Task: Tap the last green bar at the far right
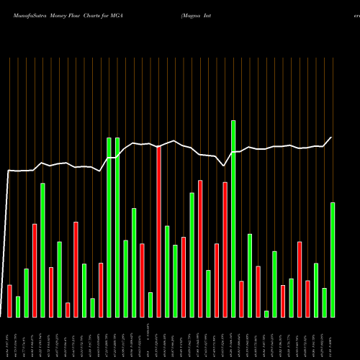coord(333,259)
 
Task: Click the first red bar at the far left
coord(9,301)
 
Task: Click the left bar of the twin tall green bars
coord(109,227)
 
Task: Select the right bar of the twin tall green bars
coord(117,227)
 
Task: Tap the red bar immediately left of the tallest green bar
coord(225,249)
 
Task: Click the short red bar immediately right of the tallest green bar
coord(241,299)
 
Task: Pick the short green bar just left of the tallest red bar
coord(150,305)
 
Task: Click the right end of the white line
coord(332,137)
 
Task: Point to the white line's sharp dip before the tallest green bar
coord(225,166)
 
